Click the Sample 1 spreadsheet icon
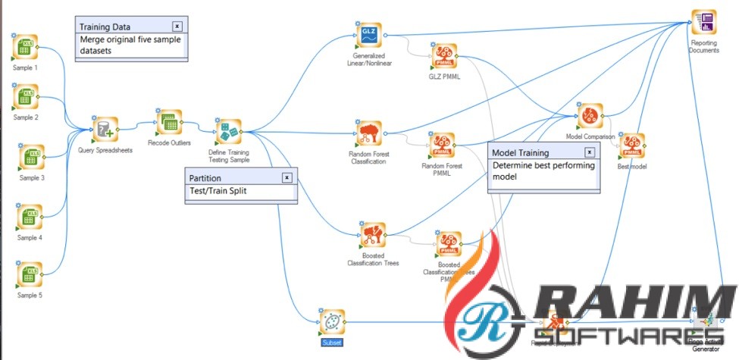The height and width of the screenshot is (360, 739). pos(27,48)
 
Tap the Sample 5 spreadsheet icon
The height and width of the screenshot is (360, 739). pos(30,274)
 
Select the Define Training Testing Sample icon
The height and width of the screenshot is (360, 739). pos(227,133)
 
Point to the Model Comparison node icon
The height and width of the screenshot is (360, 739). pos(589,117)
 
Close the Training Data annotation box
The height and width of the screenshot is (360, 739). pos(177,26)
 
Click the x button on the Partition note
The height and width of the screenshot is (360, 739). pos(287,177)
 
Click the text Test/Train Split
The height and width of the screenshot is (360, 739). pos(218,191)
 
